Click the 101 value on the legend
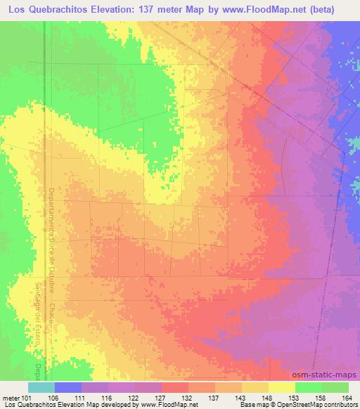(x=26, y=397)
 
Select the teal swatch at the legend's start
(x=41, y=387)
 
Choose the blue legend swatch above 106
(x=68, y=387)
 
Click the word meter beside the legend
(x=10, y=397)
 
